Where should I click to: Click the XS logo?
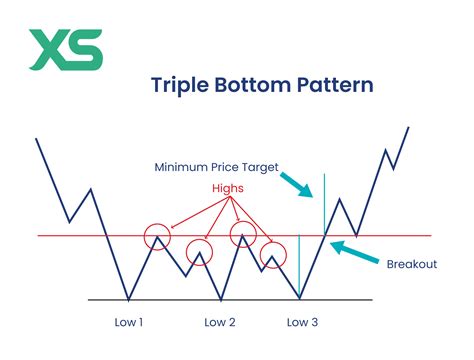[x=65, y=49]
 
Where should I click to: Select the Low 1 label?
[x=129, y=322]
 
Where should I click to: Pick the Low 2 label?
[x=219, y=322]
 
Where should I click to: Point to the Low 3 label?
[x=302, y=322]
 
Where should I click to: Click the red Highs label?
[x=229, y=188]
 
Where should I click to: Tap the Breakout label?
[x=410, y=264]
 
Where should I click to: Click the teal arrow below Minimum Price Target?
[x=296, y=184]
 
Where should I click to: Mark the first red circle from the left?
[x=157, y=237]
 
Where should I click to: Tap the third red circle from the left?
[x=242, y=236]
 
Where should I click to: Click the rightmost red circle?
[x=273, y=256]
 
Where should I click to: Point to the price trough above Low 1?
[x=128, y=298]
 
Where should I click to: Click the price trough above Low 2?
[x=220, y=298]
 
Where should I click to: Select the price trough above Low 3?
[x=300, y=298]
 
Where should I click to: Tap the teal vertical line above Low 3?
[x=300, y=265]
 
